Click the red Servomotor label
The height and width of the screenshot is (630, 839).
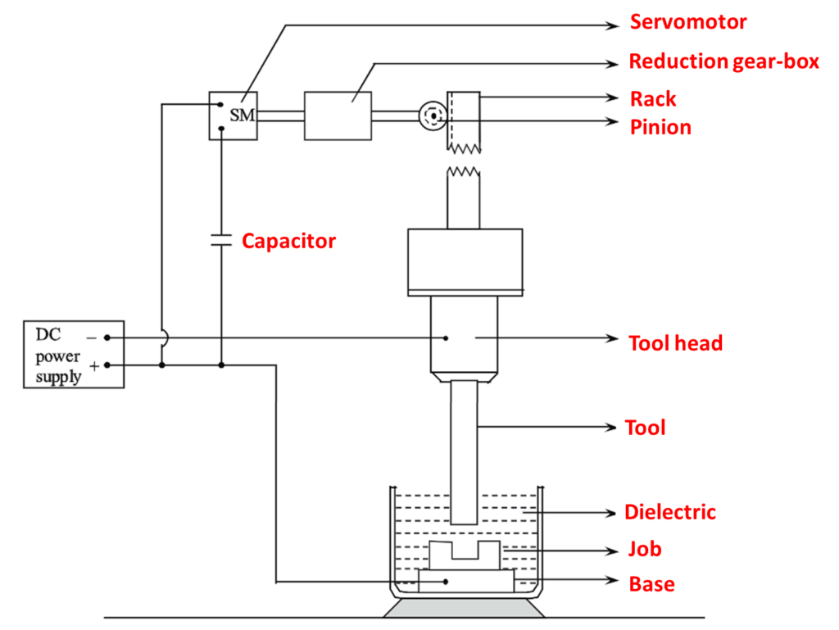[x=688, y=21]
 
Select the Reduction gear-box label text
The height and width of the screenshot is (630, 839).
[x=723, y=61]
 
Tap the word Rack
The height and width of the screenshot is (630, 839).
[x=653, y=99]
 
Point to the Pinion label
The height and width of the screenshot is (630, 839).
[x=660, y=127]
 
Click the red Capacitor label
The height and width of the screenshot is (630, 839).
[x=288, y=241]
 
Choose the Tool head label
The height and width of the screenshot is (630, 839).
[x=675, y=342]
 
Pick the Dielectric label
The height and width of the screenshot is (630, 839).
[x=669, y=512]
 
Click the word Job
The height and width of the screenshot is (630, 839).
[x=645, y=548]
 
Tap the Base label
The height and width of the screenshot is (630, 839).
[x=651, y=584]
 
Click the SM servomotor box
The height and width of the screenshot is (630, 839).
[x=233, y=116]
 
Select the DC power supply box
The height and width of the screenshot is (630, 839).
[x=74, y=354]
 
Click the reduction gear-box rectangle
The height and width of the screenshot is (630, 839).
[x=338, y=116]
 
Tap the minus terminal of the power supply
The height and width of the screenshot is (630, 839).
[x=107, y=337]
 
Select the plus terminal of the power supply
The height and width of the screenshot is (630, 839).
[x=107, y=365]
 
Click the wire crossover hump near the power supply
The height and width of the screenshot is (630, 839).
[x=163, y=337]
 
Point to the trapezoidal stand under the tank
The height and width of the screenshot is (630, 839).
[x=465, y=608]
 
